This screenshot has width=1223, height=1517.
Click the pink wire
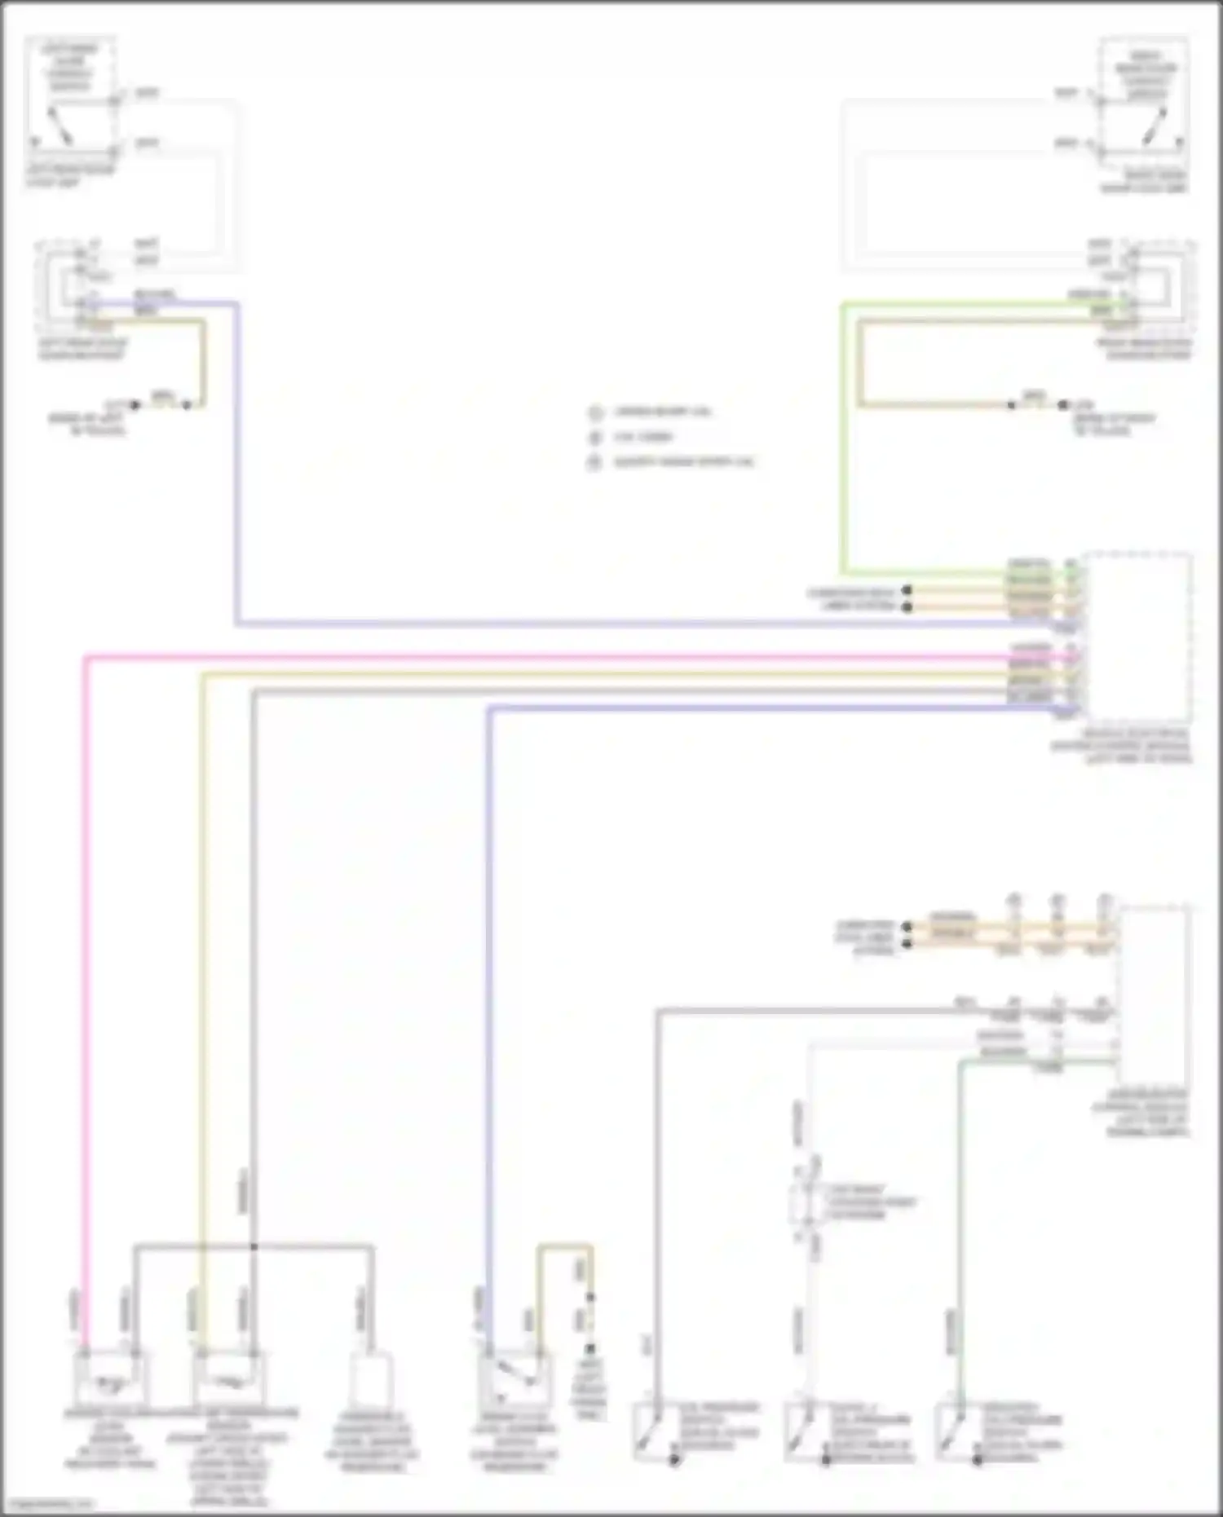click(85, 978)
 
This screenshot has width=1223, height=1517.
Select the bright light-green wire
click(844, 440)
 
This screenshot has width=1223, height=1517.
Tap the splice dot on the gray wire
click(254, 1246)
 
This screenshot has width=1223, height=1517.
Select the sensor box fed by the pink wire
click(109, 1378)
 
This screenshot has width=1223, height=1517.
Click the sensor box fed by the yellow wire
click(227, 1378)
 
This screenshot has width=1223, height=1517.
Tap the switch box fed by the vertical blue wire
click(514, 1378)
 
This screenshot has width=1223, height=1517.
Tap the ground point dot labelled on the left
click(135, 405)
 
